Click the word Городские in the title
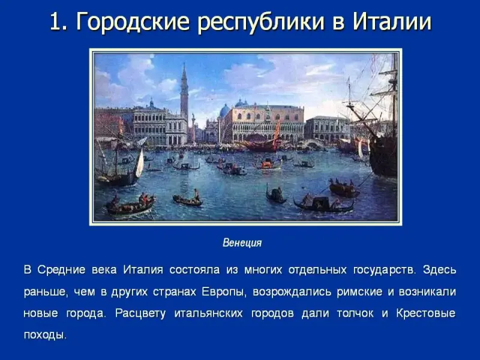[x=133, y=22]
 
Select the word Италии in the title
[x=392, y=22]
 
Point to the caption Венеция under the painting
[x=242, y=243]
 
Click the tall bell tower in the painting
[x=184, y=92]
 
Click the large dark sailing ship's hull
[x=383, y=157]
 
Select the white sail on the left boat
[x=140, y=163]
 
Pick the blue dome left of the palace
[x=224, y=111]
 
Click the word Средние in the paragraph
[x=62, y=270]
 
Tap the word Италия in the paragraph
[x=143, y=270]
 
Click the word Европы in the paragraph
[x=224, y=292]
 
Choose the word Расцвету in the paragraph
[x=140, y=313]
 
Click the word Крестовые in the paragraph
[x=426, y=313]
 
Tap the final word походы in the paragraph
[x=45, y=335]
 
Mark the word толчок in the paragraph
[x=355, y=313]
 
